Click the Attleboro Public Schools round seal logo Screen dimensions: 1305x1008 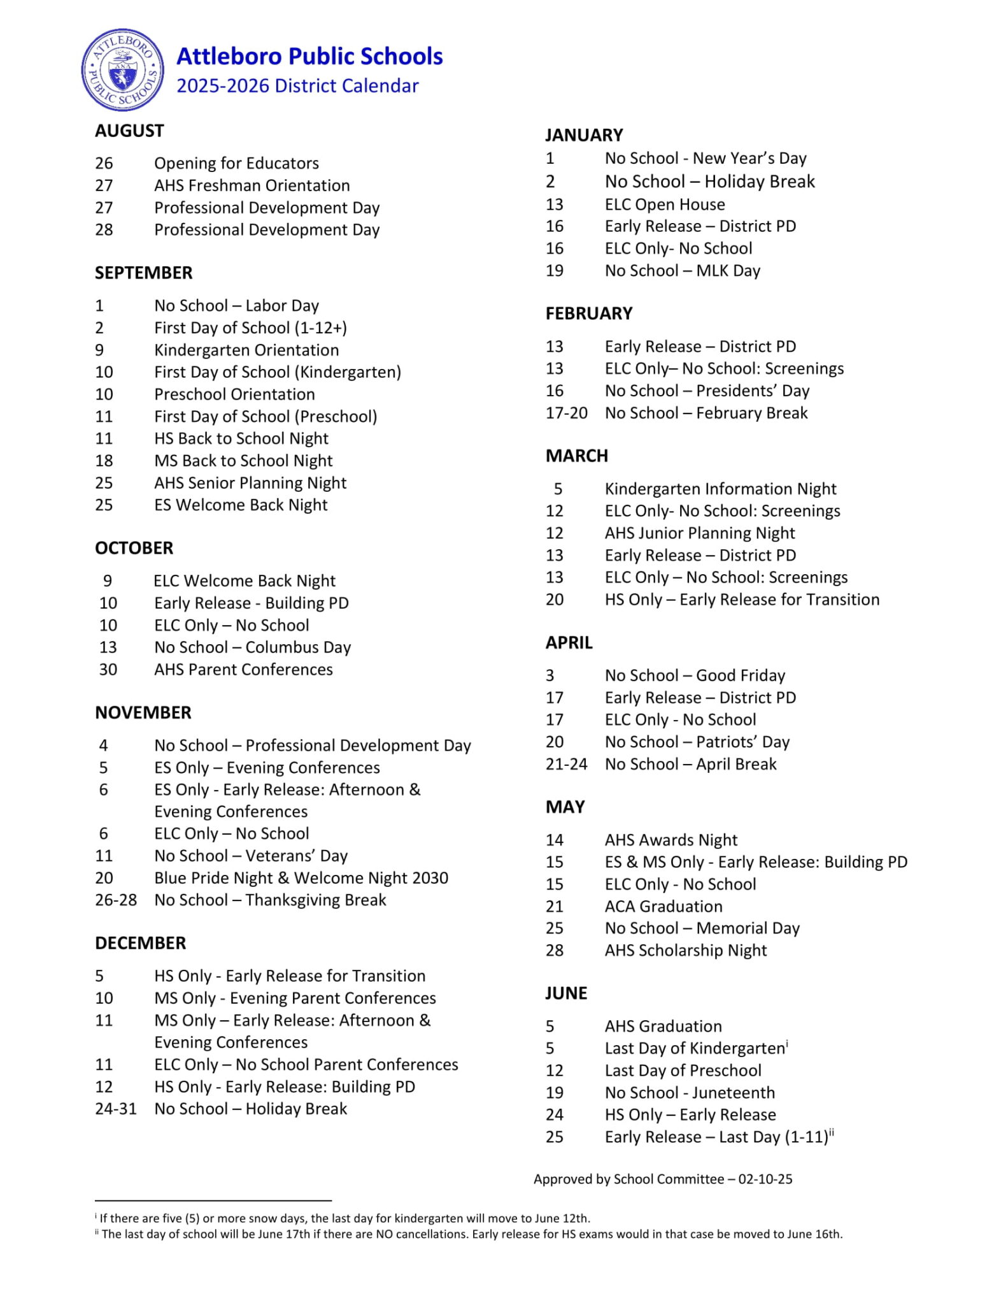coord(123,70)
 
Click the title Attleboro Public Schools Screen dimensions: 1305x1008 coord(309,56)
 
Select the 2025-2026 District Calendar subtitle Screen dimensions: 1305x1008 coord(297,86)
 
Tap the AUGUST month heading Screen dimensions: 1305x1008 coord(129,131)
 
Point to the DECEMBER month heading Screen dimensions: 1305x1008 coord(140,943)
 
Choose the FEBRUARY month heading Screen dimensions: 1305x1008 coord(589,314)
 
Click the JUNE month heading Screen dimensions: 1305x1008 coord(566,993)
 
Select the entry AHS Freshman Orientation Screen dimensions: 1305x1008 coord(252,185)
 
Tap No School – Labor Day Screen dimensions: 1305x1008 coord(236,306)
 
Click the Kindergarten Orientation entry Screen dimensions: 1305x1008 coord(246,350)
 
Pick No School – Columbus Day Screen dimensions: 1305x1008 coord(252,647)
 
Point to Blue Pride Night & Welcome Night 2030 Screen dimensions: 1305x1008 coord(301,878)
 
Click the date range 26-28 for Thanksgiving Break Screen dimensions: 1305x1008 coord(116,900)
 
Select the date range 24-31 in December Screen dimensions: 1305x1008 coord(116,1109)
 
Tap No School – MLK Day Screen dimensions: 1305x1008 coord(682,271)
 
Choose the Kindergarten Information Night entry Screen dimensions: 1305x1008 coord(720,489)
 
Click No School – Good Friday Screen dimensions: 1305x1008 coord(695,675)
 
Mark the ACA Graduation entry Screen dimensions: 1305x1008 coord(664,907)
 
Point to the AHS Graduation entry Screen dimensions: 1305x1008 coord(663,1027)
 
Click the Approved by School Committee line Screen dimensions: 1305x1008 coord(663,1179)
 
